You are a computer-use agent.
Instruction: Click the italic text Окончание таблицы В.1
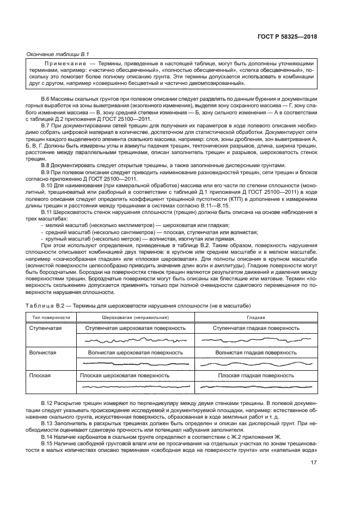point(58,54)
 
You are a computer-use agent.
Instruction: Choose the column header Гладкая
point(255,317)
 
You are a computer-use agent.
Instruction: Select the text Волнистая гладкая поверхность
point(255,352)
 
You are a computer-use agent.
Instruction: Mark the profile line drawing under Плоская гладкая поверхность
point(255,387)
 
